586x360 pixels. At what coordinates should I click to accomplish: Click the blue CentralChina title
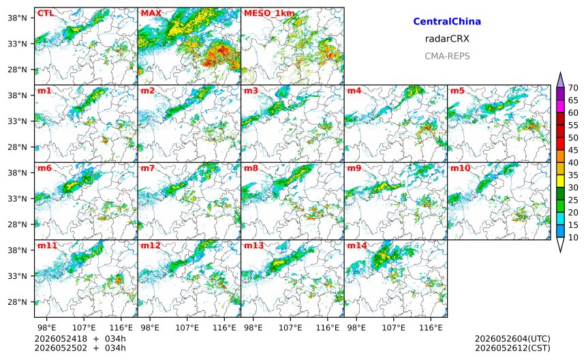point(447,21)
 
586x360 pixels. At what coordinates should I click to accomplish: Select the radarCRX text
point(447,38)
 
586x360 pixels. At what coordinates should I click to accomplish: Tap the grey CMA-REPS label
point(447,56)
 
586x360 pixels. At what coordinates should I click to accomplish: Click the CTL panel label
point(45,14)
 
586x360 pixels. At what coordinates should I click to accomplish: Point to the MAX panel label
point(151,14)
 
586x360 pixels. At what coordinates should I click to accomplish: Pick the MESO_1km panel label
point(269,14)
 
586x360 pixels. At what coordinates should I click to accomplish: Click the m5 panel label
point(457,91)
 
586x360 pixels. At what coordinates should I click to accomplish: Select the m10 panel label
point(460,168)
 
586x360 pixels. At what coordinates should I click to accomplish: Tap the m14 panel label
point(357,245)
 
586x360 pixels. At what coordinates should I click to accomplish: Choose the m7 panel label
point(148,168)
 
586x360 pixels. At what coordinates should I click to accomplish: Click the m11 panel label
point(47,245)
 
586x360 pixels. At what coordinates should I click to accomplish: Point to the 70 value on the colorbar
point(573,88)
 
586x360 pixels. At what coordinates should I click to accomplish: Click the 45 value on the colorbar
point(573,150)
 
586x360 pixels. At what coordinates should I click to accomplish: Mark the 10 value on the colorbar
point(573,237)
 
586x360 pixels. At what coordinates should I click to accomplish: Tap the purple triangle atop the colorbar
point(560,80)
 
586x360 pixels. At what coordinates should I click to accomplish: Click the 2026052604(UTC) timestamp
point(512,339)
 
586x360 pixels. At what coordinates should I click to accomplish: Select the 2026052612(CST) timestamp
point(512,348)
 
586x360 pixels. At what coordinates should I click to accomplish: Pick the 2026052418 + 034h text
point(80,339)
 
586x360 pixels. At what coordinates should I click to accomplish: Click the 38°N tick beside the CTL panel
point(17,18)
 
